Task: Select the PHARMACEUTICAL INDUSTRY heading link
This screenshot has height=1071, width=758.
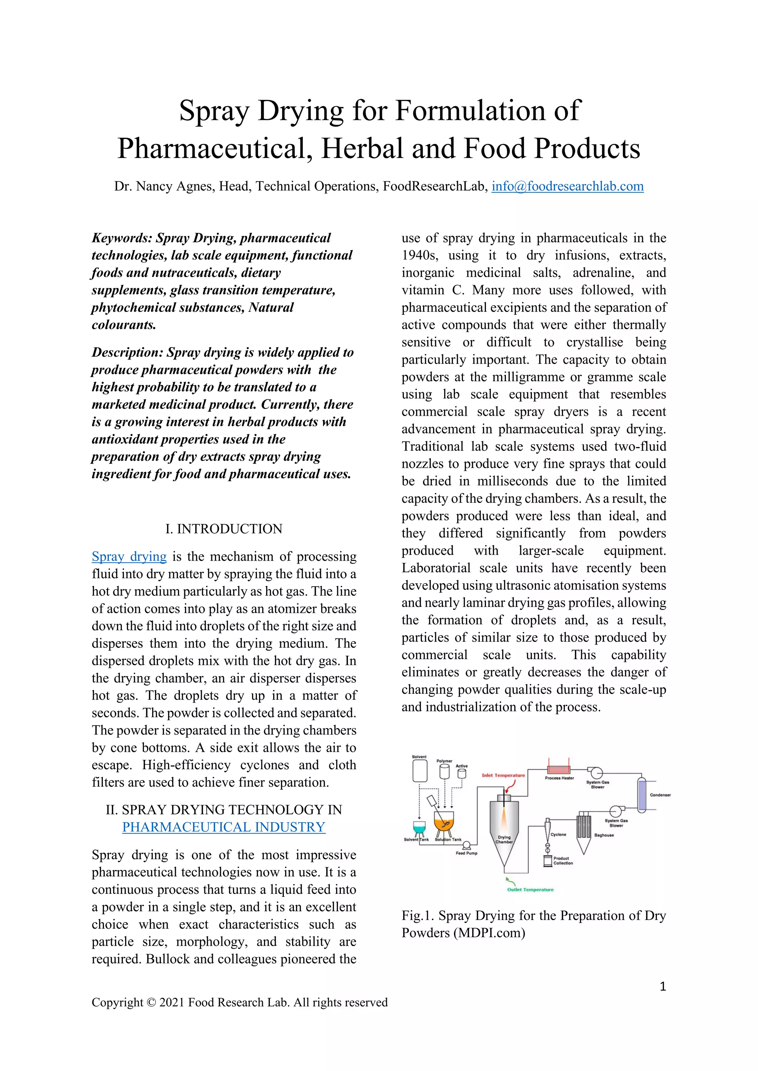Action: (224, 827)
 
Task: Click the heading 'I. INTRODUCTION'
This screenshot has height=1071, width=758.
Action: (224, 528)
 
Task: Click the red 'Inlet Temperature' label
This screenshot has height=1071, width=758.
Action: (503, 775)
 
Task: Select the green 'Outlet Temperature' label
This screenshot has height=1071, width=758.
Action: (530, 889)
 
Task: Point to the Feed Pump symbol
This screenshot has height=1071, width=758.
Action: (466, 846)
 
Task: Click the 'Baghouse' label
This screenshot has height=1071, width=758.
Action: (604, 835)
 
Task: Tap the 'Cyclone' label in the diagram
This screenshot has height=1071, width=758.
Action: (558, 835)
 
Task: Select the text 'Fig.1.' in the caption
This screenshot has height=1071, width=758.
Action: (418, 915)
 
